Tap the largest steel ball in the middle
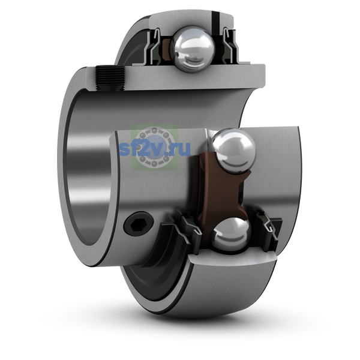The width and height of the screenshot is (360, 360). [x=232, y=151]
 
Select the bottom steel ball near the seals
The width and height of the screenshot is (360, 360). [x=230, y=234]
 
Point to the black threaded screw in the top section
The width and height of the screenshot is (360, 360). [x=110, y=78]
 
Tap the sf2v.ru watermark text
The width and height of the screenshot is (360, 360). [x=154, y=149]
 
